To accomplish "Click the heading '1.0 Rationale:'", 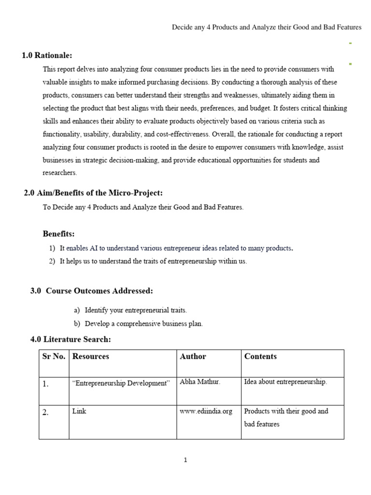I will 47,56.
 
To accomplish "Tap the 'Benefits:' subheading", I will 58,234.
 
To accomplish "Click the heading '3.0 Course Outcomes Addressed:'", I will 91,291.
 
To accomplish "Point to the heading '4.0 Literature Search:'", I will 71,339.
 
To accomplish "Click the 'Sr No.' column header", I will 54,356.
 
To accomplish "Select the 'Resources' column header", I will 90,356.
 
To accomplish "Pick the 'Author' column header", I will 193,356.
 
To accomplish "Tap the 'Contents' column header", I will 260,356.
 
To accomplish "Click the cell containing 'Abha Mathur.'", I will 200,382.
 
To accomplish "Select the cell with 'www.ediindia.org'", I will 206,411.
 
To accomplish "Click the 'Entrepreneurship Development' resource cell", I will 121,383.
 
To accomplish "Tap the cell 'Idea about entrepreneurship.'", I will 285,382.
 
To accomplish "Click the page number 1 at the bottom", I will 185,460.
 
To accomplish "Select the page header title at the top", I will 267,28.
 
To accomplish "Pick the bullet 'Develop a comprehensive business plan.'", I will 143,324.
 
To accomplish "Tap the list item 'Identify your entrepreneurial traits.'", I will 135,310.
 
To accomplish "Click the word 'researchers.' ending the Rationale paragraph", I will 60,172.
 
